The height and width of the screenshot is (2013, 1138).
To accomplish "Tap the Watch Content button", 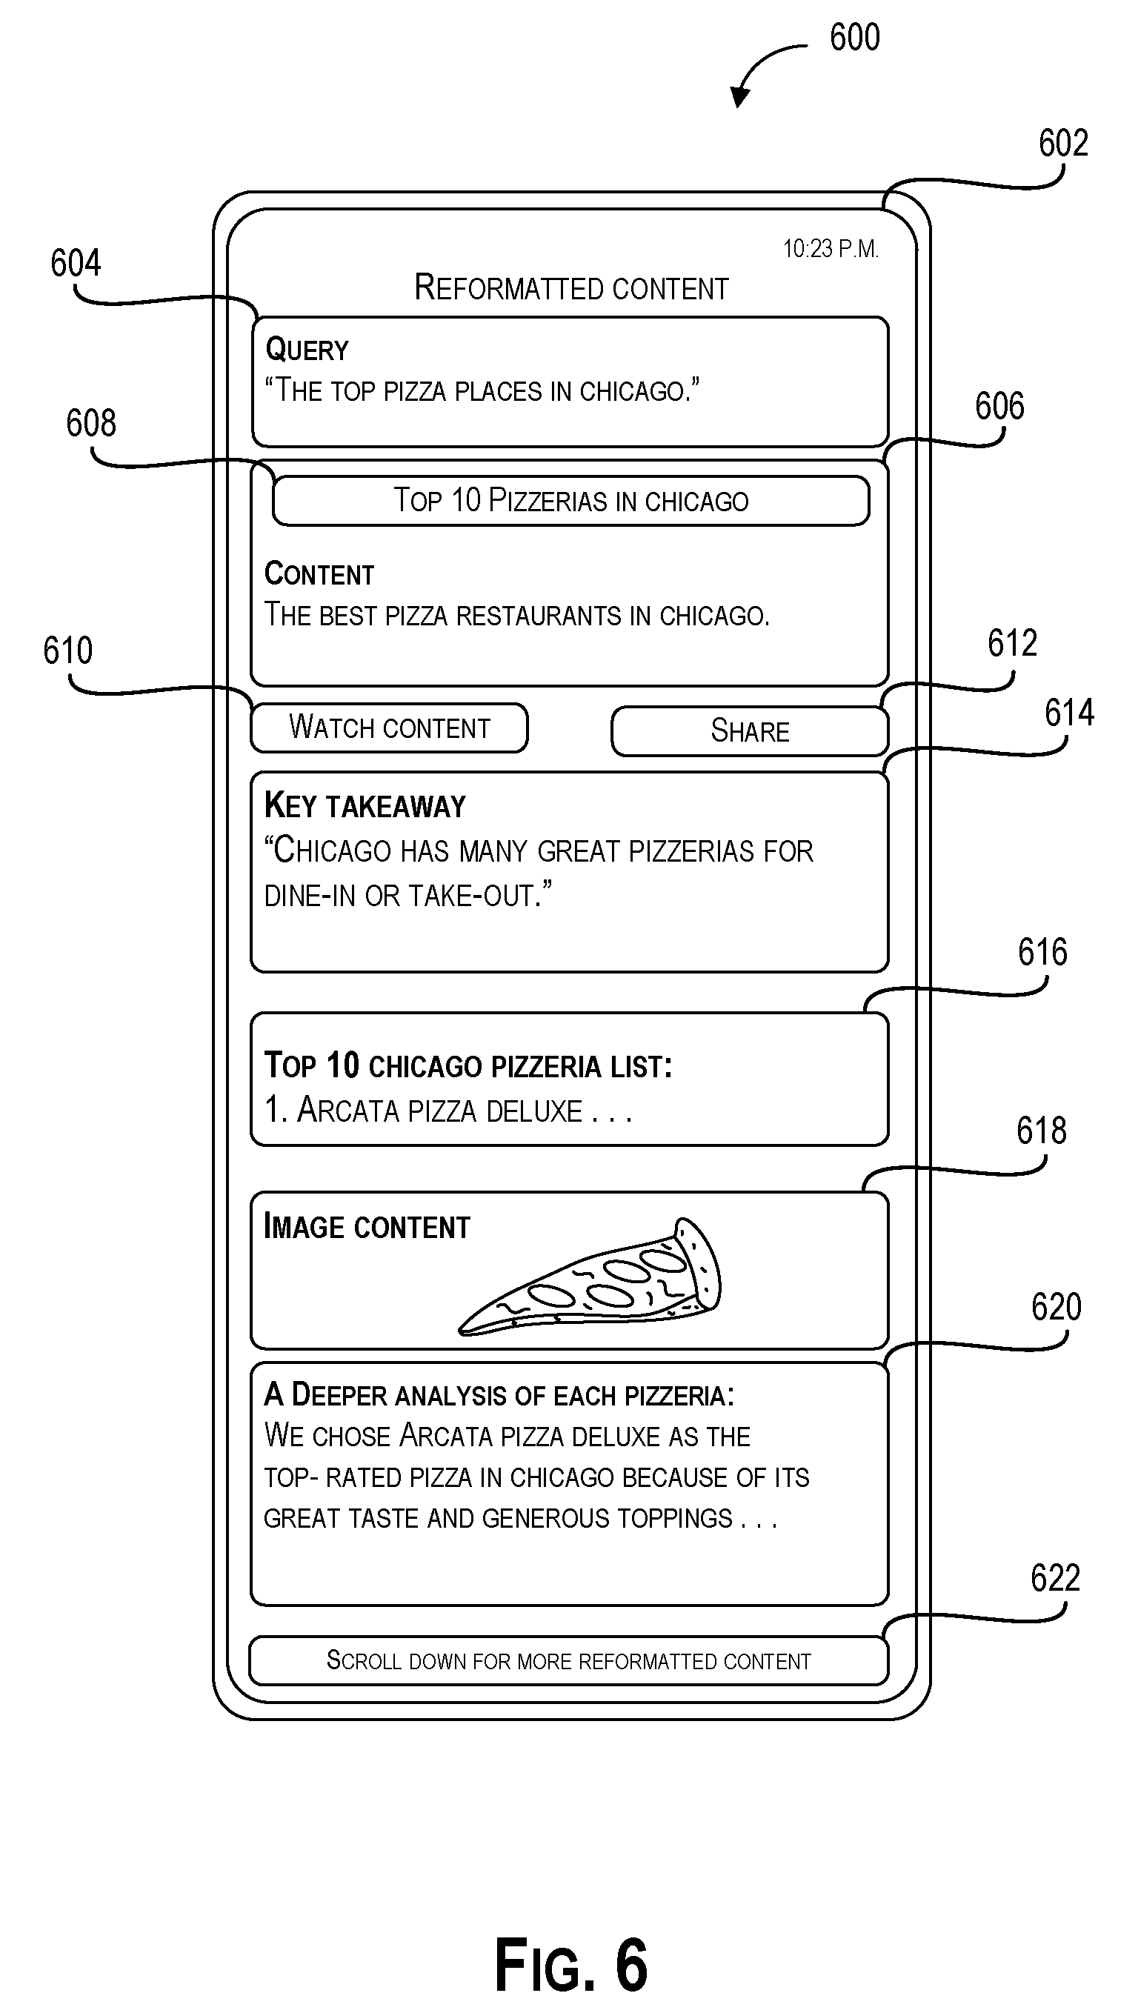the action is pos(389,728).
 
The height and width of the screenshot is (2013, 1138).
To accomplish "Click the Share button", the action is pos(750,731).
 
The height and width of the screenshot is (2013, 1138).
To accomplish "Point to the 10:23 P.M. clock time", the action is pos(831,249).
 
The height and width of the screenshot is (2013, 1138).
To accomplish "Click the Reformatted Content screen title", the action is pos(571,288).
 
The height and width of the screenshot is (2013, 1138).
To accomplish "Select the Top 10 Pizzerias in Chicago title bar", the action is pos(570,500).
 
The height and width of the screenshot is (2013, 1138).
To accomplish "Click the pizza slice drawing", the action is pos(589,1276).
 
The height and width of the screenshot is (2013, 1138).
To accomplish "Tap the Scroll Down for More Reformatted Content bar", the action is pos(569,1660).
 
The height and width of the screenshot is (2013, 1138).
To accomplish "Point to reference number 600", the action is pos(855,38).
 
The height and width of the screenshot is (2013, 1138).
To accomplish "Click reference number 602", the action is pos(1063,143).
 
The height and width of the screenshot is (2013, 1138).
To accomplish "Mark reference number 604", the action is pos(76,263).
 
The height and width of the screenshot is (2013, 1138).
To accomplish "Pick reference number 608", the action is pos(91,424).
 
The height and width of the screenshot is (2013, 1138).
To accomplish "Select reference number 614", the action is pos(1069,713).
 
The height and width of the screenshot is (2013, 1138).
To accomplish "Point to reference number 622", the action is pos(1055,1579).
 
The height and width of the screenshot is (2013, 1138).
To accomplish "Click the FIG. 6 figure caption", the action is pos(571,1966).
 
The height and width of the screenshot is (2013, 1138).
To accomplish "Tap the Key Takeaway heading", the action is pos(365,805).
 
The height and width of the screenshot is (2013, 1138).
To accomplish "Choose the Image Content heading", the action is pos(367,1227).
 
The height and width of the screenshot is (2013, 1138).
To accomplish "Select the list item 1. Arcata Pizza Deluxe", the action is pos(447,1111).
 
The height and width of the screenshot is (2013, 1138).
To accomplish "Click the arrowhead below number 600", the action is pos(739,97).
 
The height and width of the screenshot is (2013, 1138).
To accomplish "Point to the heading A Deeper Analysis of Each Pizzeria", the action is pos(499,1396).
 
